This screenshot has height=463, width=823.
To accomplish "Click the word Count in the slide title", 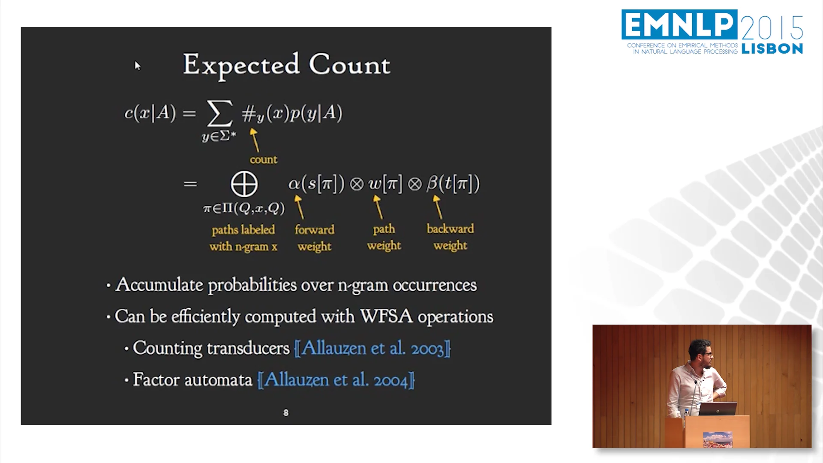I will point(349,65).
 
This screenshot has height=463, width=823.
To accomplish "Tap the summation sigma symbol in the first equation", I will point(219,113).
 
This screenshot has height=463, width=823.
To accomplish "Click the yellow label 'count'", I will point(263,159).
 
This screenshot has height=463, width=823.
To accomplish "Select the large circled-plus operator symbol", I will point(244,184).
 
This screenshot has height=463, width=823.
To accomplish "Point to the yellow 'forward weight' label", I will point(314,238).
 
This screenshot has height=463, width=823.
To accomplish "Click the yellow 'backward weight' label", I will point(450,237).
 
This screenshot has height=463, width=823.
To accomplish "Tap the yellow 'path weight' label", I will point(384,237).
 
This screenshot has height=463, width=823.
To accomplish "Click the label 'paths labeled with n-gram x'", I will point(243,238).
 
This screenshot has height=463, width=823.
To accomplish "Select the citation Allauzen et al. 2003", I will point(372,348).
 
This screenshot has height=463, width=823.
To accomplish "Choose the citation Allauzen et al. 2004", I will point(336,380).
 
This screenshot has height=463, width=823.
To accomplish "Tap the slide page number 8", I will point(286,413).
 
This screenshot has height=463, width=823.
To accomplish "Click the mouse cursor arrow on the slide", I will point(137,66).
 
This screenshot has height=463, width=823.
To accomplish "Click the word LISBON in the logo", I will point(772,49).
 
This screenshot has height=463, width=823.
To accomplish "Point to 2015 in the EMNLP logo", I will point(772,27).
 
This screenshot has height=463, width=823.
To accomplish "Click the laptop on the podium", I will point(718,409).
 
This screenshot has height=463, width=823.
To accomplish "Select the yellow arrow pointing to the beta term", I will point(438,207).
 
